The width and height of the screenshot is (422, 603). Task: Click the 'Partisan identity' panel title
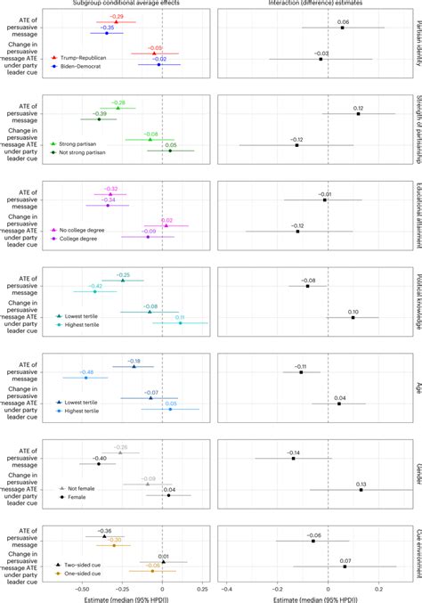click(x=415, y=45)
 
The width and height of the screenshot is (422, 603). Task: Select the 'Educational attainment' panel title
click(x=415, y=216)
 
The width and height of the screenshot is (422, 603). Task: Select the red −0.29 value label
click(x=117, y=17)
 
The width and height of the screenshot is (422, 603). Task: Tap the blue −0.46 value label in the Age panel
click(x=87, y=371)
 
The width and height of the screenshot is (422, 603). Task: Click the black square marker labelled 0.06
click(x=342, y=28)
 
